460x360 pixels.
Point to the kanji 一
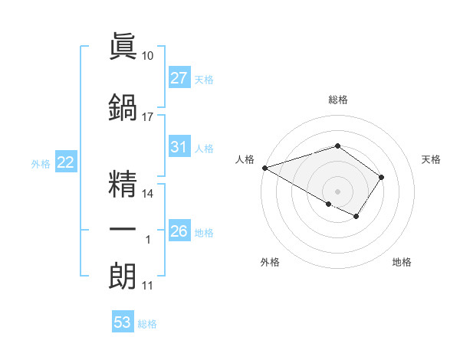[x=122, y=229]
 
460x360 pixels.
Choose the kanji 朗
[x=122, y=277]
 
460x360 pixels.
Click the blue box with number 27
[x=179, y=78]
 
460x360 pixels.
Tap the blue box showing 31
[x=179, y=148]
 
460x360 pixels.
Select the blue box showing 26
[x=179, y=231]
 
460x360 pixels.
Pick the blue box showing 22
[x=66, y=162]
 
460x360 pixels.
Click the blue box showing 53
[x=123, y=322]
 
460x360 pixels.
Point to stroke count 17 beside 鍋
[x=148, y=117]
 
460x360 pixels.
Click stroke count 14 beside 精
[x=148, y=194]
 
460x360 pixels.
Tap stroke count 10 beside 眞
[x=148, y=56]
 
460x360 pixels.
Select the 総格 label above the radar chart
[x=337, y=100]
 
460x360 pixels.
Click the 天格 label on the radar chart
[x=432, y=159]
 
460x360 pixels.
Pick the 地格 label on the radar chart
[x=402, y=262]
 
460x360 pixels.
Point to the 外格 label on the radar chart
[x=270, y=262]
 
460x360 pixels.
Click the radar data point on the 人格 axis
[x=264, y=168]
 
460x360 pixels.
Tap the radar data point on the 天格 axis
[x=381, y=177]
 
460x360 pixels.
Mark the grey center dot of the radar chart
[x=337, y=191]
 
